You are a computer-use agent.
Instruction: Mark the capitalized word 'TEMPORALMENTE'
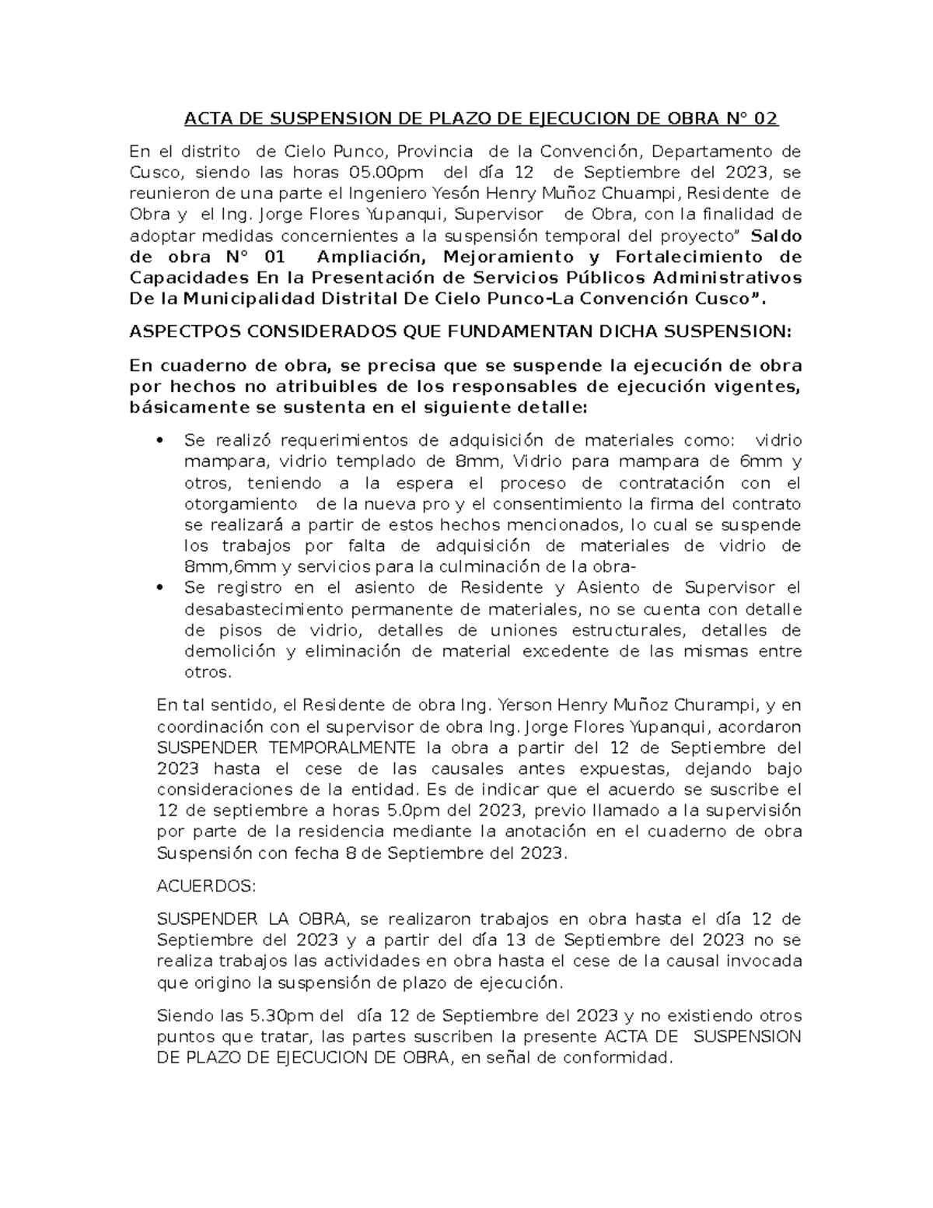point(286,748)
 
